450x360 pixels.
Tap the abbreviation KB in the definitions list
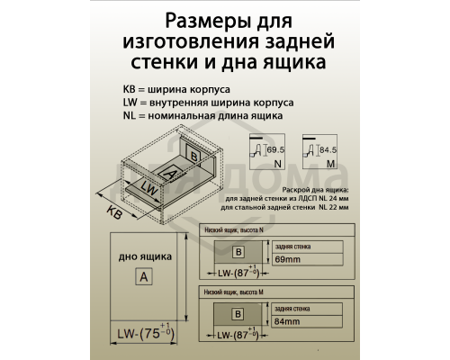tap(130, 91)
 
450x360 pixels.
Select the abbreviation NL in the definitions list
tap(130, 116)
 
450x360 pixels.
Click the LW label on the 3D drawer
tap(150, 191)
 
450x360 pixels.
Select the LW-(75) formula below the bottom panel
tap(144, 334)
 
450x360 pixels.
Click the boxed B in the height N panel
tap(238, 252)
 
